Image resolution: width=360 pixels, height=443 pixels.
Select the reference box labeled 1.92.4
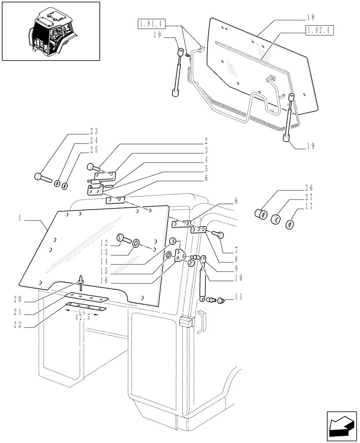click(x=319, y=30)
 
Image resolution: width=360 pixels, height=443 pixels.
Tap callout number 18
click(x=310, y=17)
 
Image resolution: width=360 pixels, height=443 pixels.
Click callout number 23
click(x=94, y=132)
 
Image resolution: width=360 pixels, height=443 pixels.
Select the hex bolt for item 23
click(x=43, y=179)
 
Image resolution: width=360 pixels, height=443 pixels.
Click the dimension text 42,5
click(x=82, y=318)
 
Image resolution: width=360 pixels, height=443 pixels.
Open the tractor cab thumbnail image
click(x=51, y=31)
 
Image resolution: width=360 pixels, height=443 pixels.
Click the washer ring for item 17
click(x=291, y=225)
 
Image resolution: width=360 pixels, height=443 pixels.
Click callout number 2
click(x=206, y=143)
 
